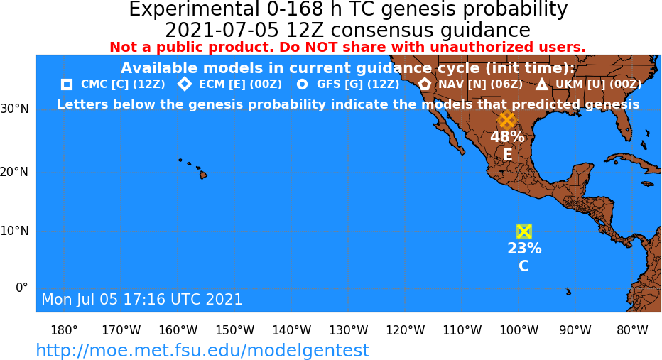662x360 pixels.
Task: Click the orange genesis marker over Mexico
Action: click(x=507, y=121)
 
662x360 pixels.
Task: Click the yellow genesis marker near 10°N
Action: click(x=524, y=231)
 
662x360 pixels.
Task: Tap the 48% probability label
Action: click(x=507, y=137)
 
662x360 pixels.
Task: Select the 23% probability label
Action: click(x=524, y=248)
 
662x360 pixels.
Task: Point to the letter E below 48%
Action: click(x=507, y=155)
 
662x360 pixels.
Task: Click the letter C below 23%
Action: click(x=523, y=266)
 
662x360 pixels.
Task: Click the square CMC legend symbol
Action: click(x=67, y=84)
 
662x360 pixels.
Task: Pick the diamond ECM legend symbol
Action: click(x=185, y=84)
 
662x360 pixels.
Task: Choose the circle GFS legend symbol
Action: click(x=302, y=84)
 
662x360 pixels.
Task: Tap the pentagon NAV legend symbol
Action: click(x=425, y=84)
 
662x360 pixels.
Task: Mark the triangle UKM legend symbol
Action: click(x=542, y=84)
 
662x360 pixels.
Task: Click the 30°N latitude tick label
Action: click(x=14, y=109)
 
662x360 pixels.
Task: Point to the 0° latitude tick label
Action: click(x=22, y=288)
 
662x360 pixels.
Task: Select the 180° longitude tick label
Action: click(x=64, y=330)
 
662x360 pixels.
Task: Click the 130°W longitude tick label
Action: click(x=349, y=330)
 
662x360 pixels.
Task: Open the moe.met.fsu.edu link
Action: click(x=202, y=350)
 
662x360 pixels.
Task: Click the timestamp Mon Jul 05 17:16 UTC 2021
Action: click(x=142, y=299)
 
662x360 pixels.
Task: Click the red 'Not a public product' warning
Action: click(x=347, y=48)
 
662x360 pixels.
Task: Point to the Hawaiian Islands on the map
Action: click(x=194, y=168)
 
